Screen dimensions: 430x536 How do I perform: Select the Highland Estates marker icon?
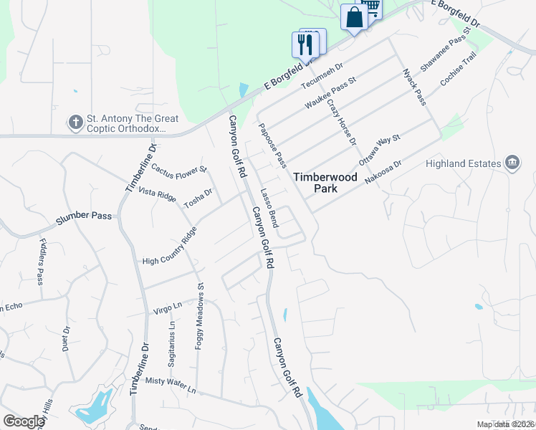click(512, 163)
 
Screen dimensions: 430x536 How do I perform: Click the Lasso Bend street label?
click(269, 204)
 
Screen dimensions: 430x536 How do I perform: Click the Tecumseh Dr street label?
click(317, 76)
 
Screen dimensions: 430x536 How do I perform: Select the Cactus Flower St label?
click(178, 169)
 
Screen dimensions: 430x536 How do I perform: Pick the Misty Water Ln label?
click(171, 386)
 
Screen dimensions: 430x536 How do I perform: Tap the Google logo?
click(24, 421)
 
